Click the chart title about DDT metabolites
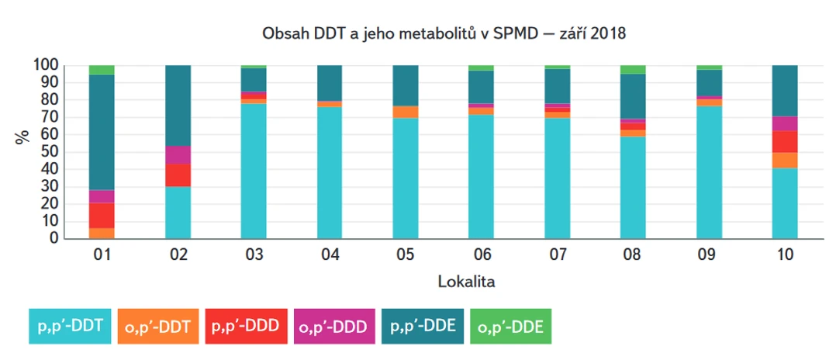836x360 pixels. point(442,33)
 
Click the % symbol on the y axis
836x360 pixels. point(22,137)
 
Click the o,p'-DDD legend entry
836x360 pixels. point(334,326)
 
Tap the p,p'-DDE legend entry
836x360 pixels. point(423,326)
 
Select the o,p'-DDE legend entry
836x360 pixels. point(510,326)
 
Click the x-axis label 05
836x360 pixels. point(406,254)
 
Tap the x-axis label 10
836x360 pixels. point(785,254)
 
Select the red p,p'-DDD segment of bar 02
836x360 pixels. point(178,175)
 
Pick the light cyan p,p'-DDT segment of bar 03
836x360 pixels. point(254,171)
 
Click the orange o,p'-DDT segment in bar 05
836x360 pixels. point(406,112)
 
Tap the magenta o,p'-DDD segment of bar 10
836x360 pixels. point(785,123)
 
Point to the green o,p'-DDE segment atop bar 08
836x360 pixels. point(633,69)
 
